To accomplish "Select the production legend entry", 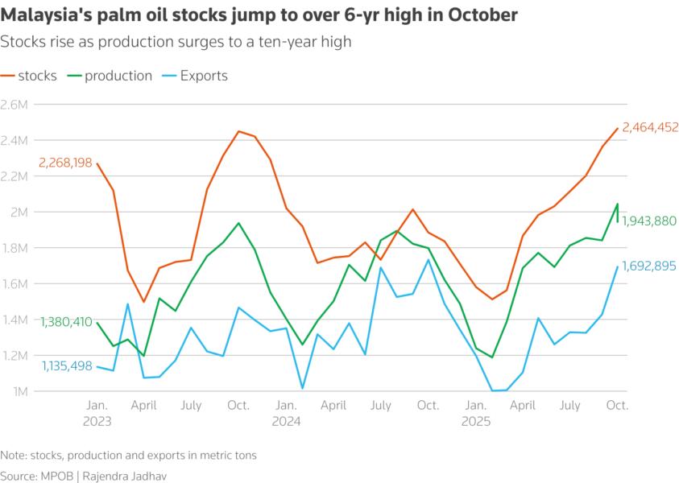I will point(110,76).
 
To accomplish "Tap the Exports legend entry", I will point(197,76).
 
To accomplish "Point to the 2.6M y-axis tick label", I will point(14,105).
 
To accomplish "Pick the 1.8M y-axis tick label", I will point(14,248).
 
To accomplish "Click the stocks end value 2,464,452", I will point(650,127).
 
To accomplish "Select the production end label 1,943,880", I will point(649,221).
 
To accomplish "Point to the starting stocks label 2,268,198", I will point(66,163).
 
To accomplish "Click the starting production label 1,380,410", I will point(66,321).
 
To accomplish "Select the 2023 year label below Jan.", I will point(97,420).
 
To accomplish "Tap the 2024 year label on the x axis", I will point(286,420).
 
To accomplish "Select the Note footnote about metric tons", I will point(129,455).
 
